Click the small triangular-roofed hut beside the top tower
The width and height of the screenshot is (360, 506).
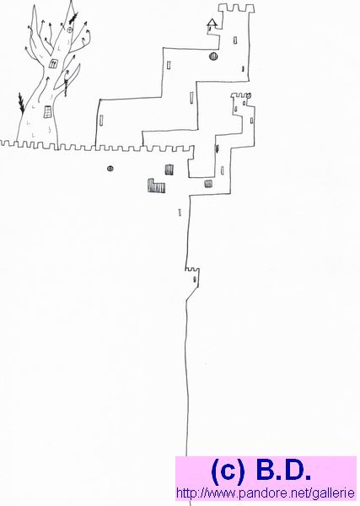pyautogui.click(x=212, y=25)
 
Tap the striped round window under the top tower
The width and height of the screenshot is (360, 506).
pyautogui.click(x=213, y=57)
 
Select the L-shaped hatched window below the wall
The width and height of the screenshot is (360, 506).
pyautogui.click(x=156, y=186)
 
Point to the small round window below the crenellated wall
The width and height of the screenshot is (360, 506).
pyautogui.click(x=110, y=168)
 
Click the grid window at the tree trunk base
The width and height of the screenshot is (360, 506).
pyautogui.click(x=48, y=112)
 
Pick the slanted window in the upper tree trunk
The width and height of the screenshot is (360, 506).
pyautogui.click(x=53, y=63)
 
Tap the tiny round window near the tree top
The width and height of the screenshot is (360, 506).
pyautogui.click(x=70, y=30)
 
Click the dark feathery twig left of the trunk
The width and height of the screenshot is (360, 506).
pyautogui.click(x=21, y=103)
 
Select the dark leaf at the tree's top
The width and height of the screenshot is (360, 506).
pyautogui.click(x=73, y=19)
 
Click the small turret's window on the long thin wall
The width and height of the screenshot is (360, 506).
pyautogui.click(x=195, y=279)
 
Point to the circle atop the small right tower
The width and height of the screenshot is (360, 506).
pyautogui.click(x=249, y=95)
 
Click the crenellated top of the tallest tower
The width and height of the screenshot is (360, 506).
pyautogui.click(x=236, y=8)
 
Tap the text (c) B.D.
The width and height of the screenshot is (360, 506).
pyautogui.click(x=261, y=471)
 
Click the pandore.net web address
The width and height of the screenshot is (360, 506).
pyautogui.click(x=266, y=493)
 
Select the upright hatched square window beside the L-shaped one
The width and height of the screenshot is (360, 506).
pyautogui.click(x=169, y=170)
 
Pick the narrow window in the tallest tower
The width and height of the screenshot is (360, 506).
pyautogui.click(x=235, y=40)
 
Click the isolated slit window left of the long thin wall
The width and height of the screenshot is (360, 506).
pyautogui.click(x=180, y=213)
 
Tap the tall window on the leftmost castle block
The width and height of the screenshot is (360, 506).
pyautogui.click(x=101, y=120)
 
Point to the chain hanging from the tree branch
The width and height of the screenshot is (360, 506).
pyautogui.click(x=66, y=84)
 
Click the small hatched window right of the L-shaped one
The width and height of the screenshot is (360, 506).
pyautogui.click(x=208, y=184)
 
